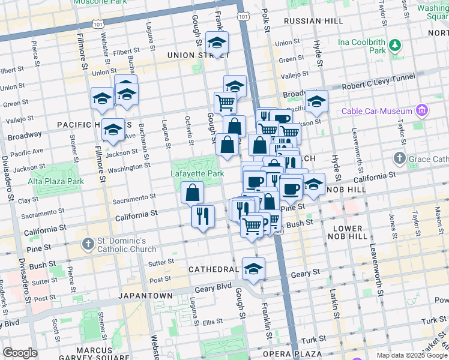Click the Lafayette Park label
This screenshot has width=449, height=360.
point(199,173)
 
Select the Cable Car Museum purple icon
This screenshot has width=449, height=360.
point(422,111)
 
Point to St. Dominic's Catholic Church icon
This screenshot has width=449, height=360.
point(88,244)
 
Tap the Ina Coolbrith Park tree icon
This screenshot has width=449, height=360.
point(394,45)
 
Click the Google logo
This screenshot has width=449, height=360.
point(20,352)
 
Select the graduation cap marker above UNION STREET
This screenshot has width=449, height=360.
point(217,43)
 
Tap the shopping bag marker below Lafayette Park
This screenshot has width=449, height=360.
point(193,193)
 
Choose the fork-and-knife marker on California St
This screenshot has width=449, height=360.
point(203,216)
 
